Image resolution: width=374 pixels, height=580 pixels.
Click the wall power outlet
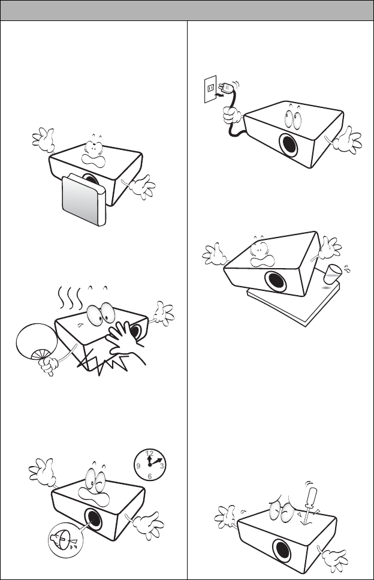point(210,89)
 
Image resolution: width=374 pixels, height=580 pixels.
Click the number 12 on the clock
point(149,453)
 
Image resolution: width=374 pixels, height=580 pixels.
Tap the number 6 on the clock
point(149,476)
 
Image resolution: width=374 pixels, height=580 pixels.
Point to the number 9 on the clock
point(138,465)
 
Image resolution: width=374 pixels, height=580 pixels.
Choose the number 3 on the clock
point(161,465)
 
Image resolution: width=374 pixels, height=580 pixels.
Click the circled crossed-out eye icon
point(65,540)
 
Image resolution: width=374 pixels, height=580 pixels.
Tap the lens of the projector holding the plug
point(289,145)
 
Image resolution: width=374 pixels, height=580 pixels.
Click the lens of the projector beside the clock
point(94,520)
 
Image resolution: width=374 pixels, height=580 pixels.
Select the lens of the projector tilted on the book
point(276,282)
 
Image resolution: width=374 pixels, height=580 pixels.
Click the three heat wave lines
point(70,297)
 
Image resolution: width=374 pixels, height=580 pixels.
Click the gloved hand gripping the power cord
point(232,115)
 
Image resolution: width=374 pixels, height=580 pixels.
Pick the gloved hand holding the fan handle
point(49,365)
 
